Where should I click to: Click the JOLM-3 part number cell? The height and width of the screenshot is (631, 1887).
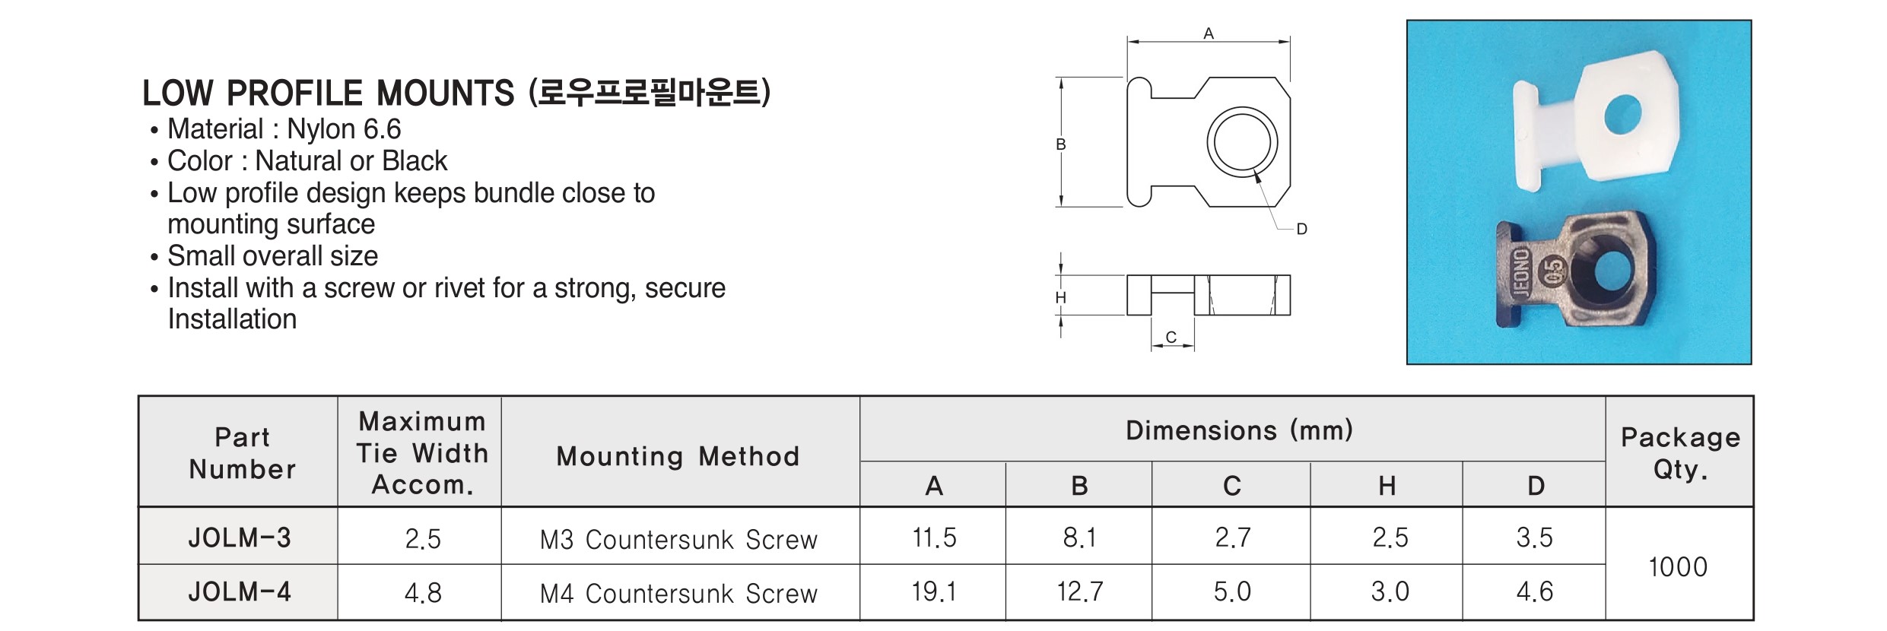pos(240,537)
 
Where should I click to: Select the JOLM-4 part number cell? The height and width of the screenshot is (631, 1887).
pos(240,591)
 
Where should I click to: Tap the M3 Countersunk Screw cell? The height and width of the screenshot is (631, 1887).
pos(678,539)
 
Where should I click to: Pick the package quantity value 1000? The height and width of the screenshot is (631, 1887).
pos(1678,566)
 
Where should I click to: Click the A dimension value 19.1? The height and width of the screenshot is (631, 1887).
pos(934,591)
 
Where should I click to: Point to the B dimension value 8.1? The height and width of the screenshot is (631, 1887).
pos(1079,537)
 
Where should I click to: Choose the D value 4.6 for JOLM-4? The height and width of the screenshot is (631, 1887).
pos(1534,591)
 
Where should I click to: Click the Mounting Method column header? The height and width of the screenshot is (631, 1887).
pos(678,456)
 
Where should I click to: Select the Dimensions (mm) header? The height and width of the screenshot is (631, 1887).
pos(1239,430)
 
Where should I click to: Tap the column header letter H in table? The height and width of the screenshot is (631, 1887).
pos(1387,486)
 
